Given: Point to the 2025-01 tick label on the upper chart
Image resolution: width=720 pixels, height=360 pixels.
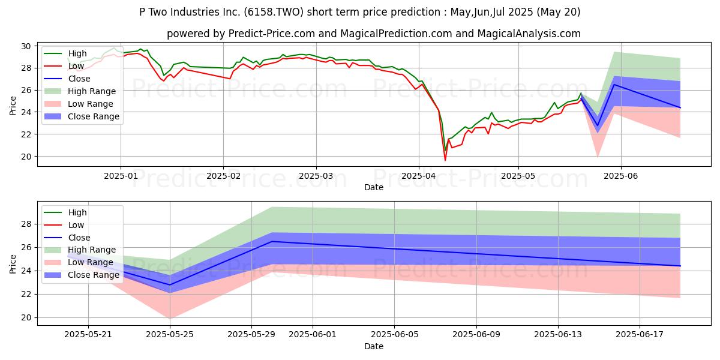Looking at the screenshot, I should tap(121, 176).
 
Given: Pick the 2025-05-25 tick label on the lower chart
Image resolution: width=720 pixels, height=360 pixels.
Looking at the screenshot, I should tap(170, 335).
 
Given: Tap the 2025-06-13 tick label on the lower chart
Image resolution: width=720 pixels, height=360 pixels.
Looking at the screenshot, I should tap(558, 335).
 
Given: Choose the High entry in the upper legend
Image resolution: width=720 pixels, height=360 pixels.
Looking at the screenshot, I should tap(77, 53).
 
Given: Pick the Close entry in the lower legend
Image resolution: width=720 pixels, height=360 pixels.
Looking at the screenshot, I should tap(79, 238).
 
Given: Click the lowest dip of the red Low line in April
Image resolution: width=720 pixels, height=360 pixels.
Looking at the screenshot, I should tap(445, 160).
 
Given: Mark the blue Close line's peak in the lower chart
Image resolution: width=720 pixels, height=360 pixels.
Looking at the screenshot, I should tap(272, 241).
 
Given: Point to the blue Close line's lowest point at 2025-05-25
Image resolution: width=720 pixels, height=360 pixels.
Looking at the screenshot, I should tap(170, 285).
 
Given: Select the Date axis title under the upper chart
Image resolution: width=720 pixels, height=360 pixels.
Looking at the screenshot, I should tap(373, 187).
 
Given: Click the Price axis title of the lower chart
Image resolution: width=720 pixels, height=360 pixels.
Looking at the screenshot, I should tap(13, 263).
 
